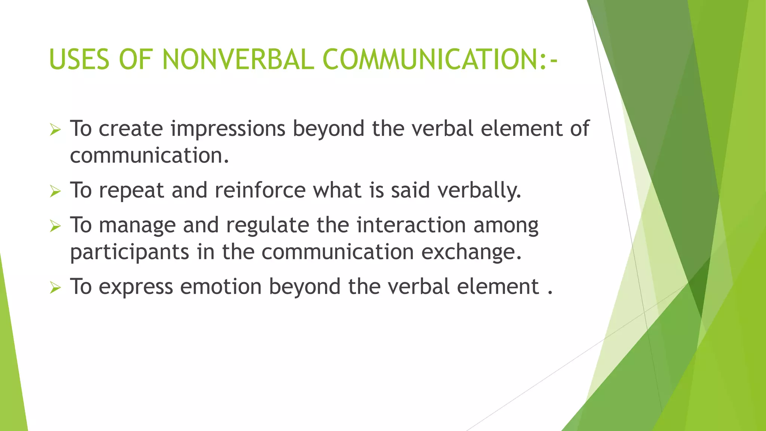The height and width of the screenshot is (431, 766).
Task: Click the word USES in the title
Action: point(79,59)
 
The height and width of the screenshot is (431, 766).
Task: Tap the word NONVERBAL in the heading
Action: point(238,59)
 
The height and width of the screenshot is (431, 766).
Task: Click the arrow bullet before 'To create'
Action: point(55,130)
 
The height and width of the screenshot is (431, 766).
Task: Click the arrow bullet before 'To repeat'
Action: point(55,192)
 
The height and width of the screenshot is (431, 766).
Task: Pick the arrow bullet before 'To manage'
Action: point(55,226)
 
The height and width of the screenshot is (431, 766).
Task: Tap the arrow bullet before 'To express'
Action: point(55,288)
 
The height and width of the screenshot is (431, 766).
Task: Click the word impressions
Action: point(228,129)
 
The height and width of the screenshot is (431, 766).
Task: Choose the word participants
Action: point(129,253)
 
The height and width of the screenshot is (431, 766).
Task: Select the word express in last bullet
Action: point(136,287)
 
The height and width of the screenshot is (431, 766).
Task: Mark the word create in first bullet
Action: point(131,129)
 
